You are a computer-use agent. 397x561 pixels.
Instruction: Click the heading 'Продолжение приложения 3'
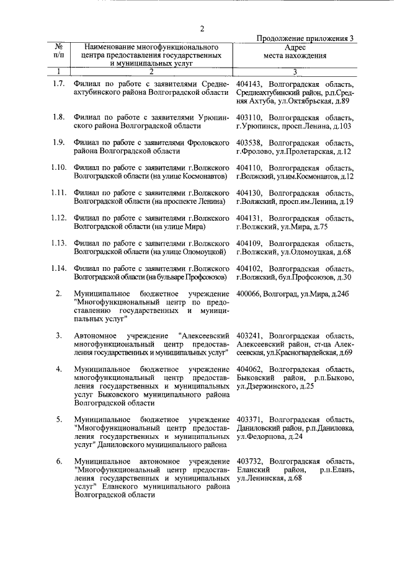[305, 38]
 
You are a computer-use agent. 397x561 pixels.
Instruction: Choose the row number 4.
[58, 369]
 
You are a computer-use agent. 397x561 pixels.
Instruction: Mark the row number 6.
[58, 462]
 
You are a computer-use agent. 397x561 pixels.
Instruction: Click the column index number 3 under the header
[295, 72]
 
